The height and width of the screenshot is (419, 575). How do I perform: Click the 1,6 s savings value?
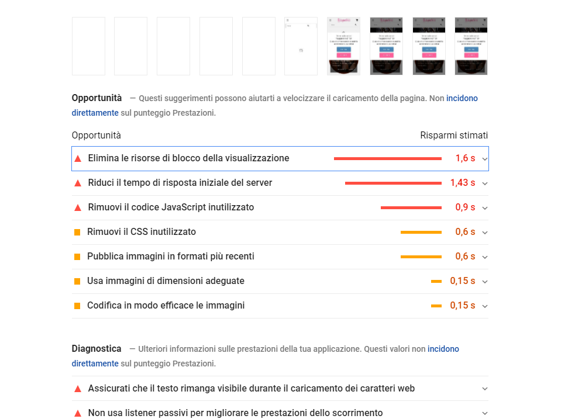tap(465, 158)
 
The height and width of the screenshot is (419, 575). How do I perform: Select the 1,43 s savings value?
tap(462, 183)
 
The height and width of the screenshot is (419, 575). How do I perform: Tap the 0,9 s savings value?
tap(465, 207)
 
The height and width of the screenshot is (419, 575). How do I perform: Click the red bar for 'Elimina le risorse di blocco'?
tap(387, 158)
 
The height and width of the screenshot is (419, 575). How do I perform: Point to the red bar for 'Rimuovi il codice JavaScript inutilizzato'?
tap(411, 207)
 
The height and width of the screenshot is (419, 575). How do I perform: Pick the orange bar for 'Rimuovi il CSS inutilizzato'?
tap(421, 232)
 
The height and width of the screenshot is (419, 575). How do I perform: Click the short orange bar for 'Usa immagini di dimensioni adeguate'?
tap(436, 281)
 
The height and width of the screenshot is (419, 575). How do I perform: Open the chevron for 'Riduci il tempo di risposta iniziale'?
tap(484, 183)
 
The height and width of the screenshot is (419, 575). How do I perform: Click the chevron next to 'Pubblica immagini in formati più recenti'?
tap(484, 257)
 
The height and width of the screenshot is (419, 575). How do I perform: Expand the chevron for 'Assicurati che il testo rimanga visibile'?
tap(484, 389)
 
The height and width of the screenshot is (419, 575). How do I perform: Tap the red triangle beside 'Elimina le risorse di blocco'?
tap(78, 158)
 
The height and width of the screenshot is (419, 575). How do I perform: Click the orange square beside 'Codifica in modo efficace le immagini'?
tap(77, 306)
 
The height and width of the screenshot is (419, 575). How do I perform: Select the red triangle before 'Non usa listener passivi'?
tap(78, 413)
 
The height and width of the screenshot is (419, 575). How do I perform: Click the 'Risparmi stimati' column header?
tap(453, 136)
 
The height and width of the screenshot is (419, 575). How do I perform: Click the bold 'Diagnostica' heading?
tap(97, 349)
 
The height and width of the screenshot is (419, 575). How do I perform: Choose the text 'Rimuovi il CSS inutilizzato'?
tap(142, 232)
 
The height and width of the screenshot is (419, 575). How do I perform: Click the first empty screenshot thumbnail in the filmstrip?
tap(88, 46)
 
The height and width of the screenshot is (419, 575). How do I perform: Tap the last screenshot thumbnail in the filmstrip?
tap(470, 46)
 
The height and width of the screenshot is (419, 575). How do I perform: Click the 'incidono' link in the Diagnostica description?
tap(443, 349)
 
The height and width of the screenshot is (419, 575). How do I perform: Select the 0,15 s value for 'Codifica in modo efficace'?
tap(462, 306)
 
